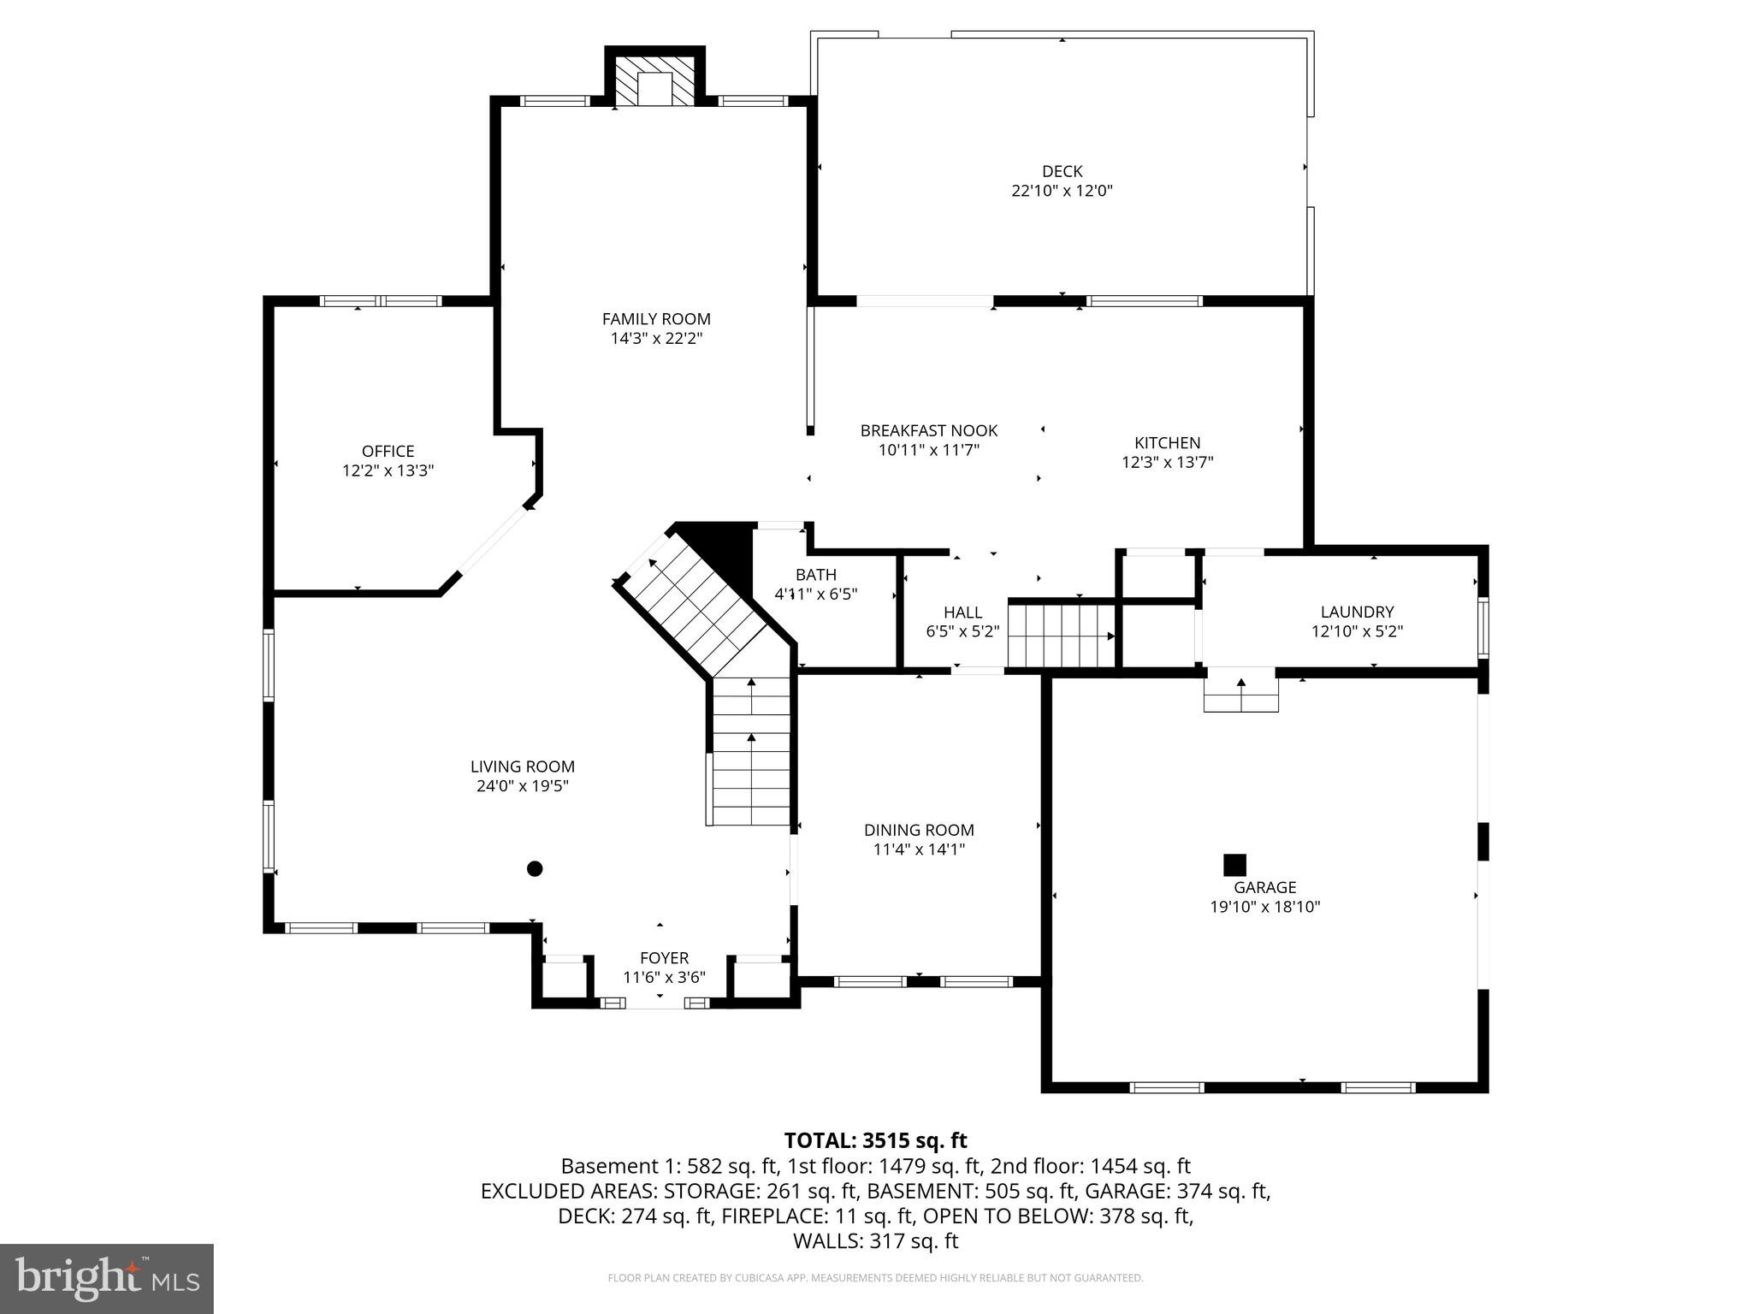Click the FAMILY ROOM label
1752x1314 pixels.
656,319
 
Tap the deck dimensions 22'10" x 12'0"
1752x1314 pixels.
1062,191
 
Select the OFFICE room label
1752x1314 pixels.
388,451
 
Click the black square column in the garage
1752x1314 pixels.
1234,865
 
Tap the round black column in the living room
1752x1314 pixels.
535,869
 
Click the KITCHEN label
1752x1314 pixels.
1167,442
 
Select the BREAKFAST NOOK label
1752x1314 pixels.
928,430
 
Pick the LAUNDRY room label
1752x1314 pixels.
1357,612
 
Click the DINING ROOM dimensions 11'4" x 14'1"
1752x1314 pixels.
919,849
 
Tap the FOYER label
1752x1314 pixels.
664,958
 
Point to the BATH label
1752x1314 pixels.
815,574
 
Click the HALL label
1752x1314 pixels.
962,612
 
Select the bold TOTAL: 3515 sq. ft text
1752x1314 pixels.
875,1140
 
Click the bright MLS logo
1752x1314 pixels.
107,1278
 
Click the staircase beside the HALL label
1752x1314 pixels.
1061,636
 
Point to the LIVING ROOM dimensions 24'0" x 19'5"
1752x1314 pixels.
522,786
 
